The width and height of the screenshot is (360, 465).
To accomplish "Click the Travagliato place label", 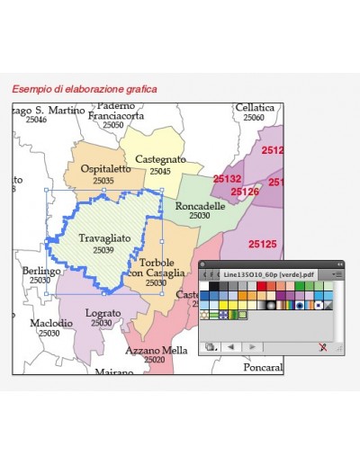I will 104,237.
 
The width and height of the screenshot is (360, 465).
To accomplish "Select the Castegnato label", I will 160,159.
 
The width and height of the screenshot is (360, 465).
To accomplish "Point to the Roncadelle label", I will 200,206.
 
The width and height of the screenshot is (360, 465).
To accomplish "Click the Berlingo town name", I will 41,271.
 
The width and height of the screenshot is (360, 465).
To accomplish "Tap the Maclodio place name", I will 51,322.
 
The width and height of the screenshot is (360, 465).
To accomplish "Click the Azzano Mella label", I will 157,350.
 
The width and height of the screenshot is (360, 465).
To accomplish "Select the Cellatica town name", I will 255,108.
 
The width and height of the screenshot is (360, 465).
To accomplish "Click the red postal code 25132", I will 227,179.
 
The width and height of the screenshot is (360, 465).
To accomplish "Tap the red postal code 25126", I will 245,192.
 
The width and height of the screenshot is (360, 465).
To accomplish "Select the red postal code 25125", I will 263,244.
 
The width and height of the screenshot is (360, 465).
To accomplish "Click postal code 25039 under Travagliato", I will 103,249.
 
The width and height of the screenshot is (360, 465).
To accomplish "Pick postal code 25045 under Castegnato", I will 160,171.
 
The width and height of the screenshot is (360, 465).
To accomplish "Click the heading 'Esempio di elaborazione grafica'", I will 85,89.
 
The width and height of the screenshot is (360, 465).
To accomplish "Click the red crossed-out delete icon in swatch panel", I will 322,346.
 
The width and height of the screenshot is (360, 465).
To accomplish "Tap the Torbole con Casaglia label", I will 157,267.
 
